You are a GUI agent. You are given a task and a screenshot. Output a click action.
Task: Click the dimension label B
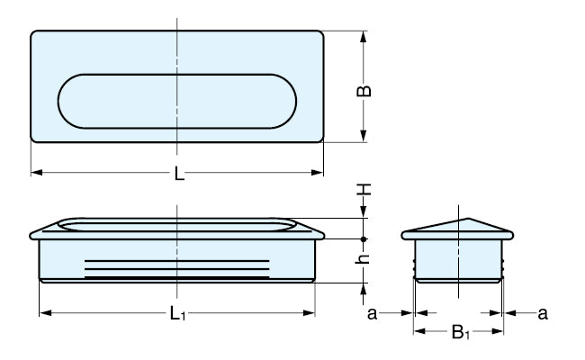coord(364,90)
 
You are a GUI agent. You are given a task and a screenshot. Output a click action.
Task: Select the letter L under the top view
coord(179,175)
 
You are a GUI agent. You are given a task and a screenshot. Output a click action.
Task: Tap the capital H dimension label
coord(364,190)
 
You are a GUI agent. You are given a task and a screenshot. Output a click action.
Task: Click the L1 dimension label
coord(178,314)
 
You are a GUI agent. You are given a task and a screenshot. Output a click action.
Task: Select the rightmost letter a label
coord(542,313)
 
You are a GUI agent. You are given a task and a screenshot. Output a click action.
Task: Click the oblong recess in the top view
coord(176,99)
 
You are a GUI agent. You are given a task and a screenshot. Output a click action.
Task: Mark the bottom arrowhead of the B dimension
coord(364,136)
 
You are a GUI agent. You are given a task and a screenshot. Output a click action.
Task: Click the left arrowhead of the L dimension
coord(36,172)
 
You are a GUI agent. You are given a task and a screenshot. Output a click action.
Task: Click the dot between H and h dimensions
coord(364,238)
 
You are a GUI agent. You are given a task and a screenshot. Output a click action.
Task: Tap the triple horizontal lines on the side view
coord(176,266)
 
